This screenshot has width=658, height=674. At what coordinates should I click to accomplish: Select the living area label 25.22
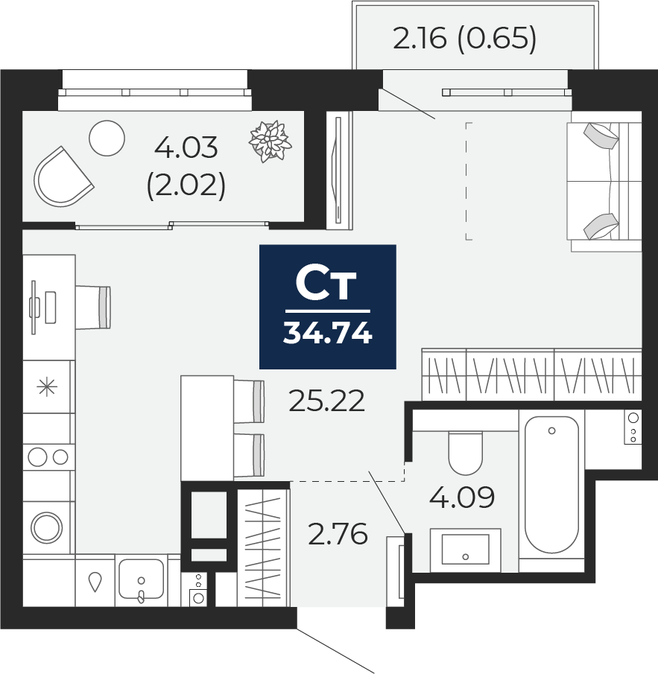327,402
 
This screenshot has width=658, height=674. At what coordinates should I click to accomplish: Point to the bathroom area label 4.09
462,497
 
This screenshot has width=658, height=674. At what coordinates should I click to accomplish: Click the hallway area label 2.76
338,534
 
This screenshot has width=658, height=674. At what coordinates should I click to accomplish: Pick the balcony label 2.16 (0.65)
464,39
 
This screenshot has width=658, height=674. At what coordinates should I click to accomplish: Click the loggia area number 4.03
186,147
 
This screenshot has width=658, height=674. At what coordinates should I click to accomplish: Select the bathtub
551,484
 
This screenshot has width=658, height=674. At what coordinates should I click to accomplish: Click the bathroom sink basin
465,549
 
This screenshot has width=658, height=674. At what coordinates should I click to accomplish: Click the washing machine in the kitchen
47,527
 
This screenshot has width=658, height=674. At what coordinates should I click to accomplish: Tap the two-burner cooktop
48,456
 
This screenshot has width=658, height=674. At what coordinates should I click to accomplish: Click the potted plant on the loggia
268,140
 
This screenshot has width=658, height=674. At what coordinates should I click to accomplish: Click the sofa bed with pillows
604,181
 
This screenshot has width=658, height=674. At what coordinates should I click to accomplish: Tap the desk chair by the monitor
94,307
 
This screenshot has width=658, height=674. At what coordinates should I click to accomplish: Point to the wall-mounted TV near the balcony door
340,169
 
